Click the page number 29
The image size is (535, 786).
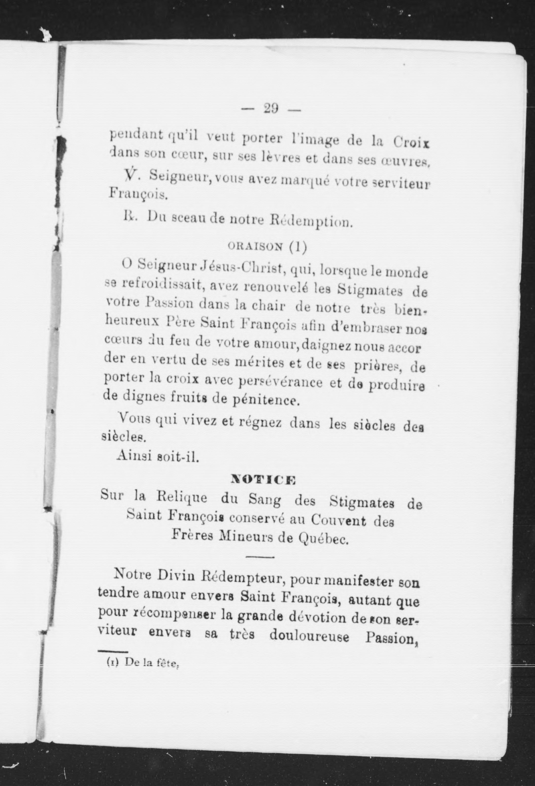tap(271, 109)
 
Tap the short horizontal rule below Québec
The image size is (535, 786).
tap(260, 556)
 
